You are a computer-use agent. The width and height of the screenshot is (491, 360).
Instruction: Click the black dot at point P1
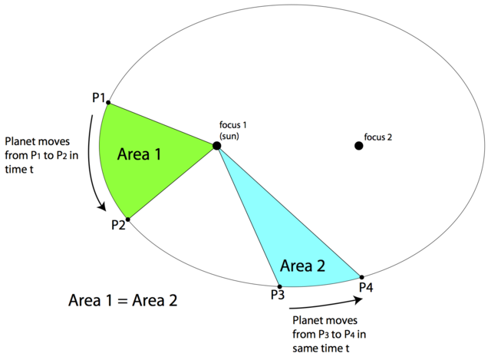click(108, 102)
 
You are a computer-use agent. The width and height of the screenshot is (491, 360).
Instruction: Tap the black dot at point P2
click(127, 220)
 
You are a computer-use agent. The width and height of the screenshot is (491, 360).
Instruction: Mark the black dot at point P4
click(361, 276)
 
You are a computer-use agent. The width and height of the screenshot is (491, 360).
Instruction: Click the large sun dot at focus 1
click(217, 145)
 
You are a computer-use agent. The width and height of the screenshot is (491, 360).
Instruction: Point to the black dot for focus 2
click(358, 145)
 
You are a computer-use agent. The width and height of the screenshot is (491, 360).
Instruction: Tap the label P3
click(278, 295)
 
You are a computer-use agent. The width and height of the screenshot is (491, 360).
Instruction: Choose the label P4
click(366, 287)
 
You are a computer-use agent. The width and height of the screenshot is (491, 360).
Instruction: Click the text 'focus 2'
click(378, 138)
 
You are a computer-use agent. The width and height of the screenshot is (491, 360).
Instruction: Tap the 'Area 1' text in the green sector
click(140, 154)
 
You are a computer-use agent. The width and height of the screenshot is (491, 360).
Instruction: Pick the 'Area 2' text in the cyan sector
click(303, 266)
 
